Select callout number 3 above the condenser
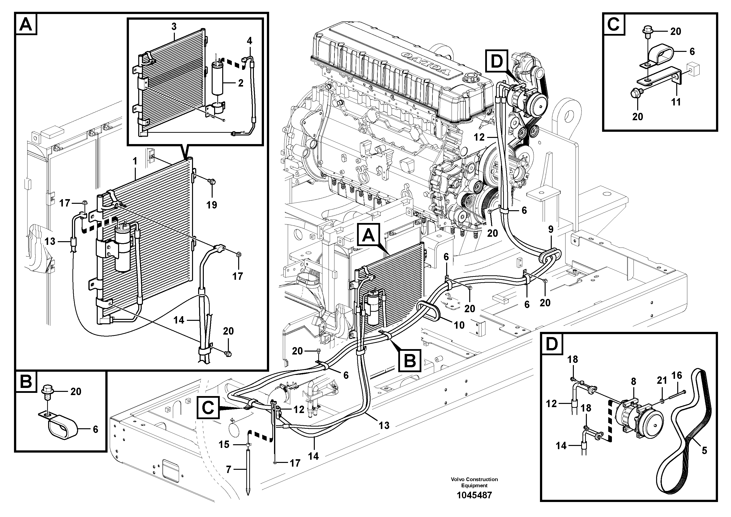coord(174,27)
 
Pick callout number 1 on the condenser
coord(135,161)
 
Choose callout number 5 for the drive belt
coord(704,450)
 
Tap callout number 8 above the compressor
coord(633,381)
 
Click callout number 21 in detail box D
coord(662,380)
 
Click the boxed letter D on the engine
coord(497,61)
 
